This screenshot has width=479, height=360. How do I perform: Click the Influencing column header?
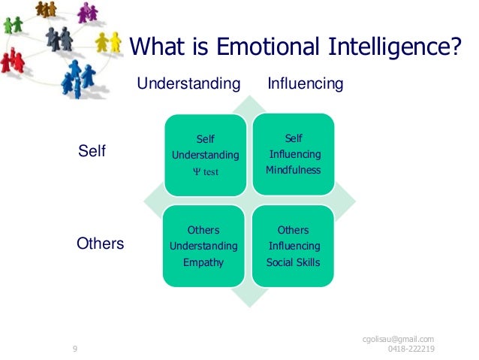[x=305, y=83]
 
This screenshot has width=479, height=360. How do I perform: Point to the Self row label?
[x=92, y=152]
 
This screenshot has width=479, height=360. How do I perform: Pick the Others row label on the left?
[x=101, y=244]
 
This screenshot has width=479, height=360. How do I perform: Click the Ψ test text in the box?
[x=205, y=172]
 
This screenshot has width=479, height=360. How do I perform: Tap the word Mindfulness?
[x=293, y=170]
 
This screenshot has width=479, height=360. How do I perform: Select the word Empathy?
[x=203, y=263]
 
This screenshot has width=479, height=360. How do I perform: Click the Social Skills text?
[x=293, y=263]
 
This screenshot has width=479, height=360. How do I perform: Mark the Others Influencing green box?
[x=293, y=246]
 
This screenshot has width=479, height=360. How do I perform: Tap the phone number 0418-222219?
[x=411, y=349]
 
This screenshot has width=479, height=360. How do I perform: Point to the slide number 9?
[x=75, y=349]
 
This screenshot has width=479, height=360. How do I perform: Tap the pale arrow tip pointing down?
[x=249, y=301]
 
